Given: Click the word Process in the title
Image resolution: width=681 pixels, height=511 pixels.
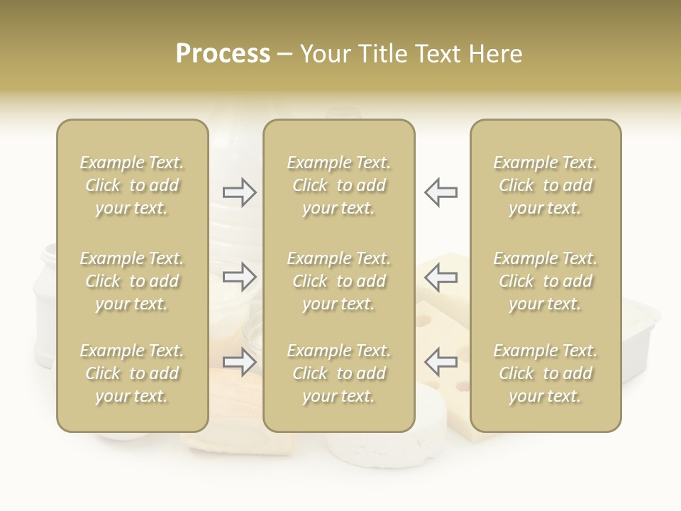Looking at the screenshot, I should pos(223,54).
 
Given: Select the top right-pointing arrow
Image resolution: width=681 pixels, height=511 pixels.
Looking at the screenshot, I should pos(240,192).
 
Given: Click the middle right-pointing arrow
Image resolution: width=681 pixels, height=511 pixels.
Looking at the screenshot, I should pos(240,277).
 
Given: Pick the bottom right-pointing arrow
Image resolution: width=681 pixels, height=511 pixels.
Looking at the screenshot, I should pos(240,362).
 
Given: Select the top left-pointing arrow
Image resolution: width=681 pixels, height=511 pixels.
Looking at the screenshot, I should pos(441,192).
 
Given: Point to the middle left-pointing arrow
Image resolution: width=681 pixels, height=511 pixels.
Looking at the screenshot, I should pos(441,277).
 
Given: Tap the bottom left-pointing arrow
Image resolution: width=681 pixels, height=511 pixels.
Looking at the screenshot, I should pos(441,362).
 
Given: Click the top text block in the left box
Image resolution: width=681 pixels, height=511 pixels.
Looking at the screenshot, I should pos(132,185).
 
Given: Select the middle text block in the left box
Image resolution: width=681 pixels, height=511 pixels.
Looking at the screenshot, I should pos(132,281).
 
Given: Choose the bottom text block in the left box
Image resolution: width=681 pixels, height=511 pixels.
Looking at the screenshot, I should pos(132,373).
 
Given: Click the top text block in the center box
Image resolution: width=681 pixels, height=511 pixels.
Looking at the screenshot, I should pos(339,185).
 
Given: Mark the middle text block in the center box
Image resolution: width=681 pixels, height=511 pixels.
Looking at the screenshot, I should pos(339,281).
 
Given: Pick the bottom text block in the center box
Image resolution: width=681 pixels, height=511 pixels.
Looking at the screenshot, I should pos(339,373).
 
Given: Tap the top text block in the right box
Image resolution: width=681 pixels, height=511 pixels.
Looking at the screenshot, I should pos(546,185).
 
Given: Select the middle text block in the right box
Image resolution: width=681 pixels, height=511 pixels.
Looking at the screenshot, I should pos(546,281).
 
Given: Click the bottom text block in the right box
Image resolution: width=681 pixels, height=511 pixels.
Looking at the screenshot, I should pos(546,373).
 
